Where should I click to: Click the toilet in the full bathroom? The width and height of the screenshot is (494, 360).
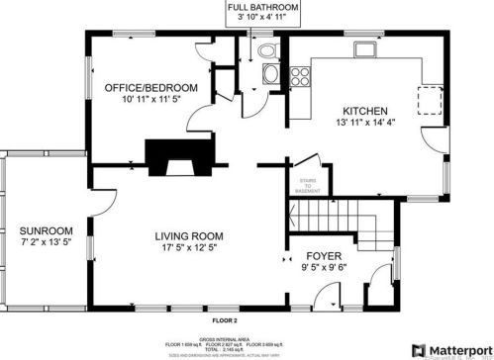coord(265,52)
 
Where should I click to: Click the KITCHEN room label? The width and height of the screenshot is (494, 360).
coord(364,110)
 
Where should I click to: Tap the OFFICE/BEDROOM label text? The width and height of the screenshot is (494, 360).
coord(150,88)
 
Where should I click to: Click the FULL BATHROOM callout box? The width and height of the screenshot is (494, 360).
coord(263,12)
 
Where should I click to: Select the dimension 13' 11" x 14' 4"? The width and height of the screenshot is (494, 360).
coord(364,124)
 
